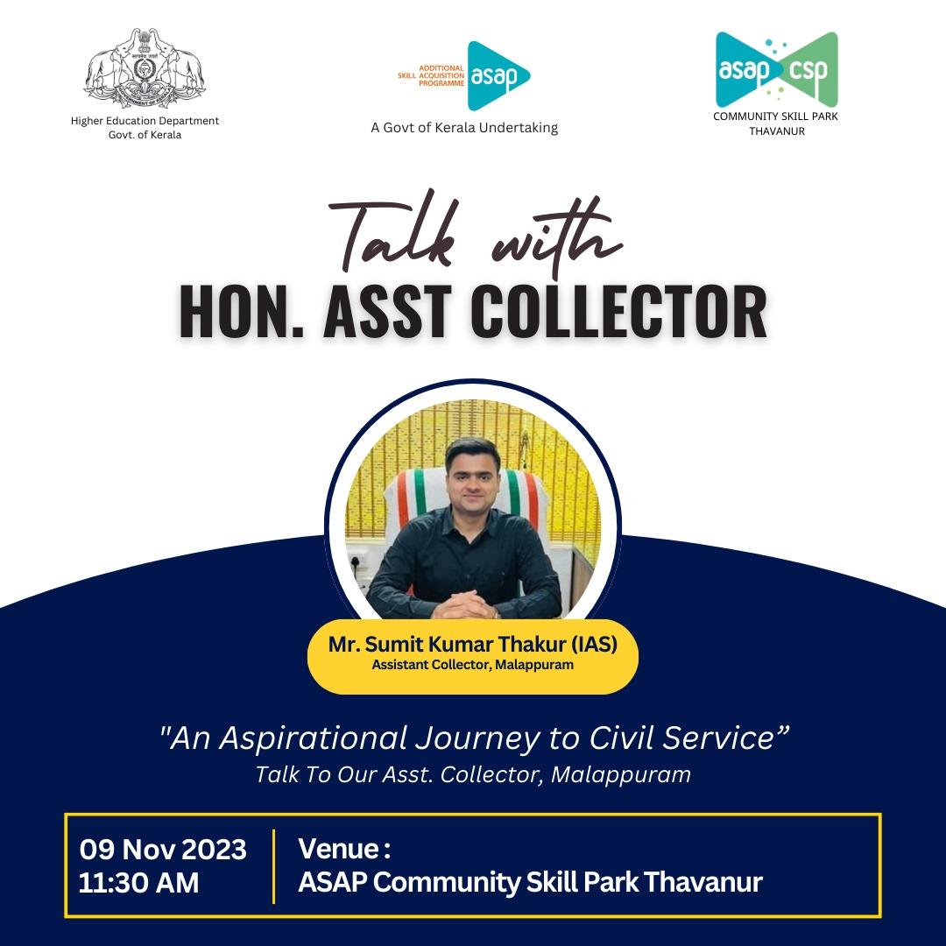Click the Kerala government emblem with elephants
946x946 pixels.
click(145, 68)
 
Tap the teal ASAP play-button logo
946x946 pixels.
click(498, 76)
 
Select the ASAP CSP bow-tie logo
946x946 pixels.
click(776, 69)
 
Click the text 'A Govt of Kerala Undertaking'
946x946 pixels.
click(464, 128)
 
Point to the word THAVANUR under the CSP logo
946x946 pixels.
click(776, 131)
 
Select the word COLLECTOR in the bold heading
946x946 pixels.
click(621, 312)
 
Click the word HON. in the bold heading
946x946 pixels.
click(241, 312)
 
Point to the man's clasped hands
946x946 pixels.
click(464, 604)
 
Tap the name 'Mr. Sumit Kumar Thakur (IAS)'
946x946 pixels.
click(472, 645)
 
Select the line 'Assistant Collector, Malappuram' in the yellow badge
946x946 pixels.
click(472, 665)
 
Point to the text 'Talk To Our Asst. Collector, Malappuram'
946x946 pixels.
click(473, 774)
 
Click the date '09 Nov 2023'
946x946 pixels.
click(163, 850)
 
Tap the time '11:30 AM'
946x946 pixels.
click(138, 883)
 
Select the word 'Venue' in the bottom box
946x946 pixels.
click(338, 849)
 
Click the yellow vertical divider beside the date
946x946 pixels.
click(274, 866)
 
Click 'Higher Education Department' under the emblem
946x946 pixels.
click(145, 121)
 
